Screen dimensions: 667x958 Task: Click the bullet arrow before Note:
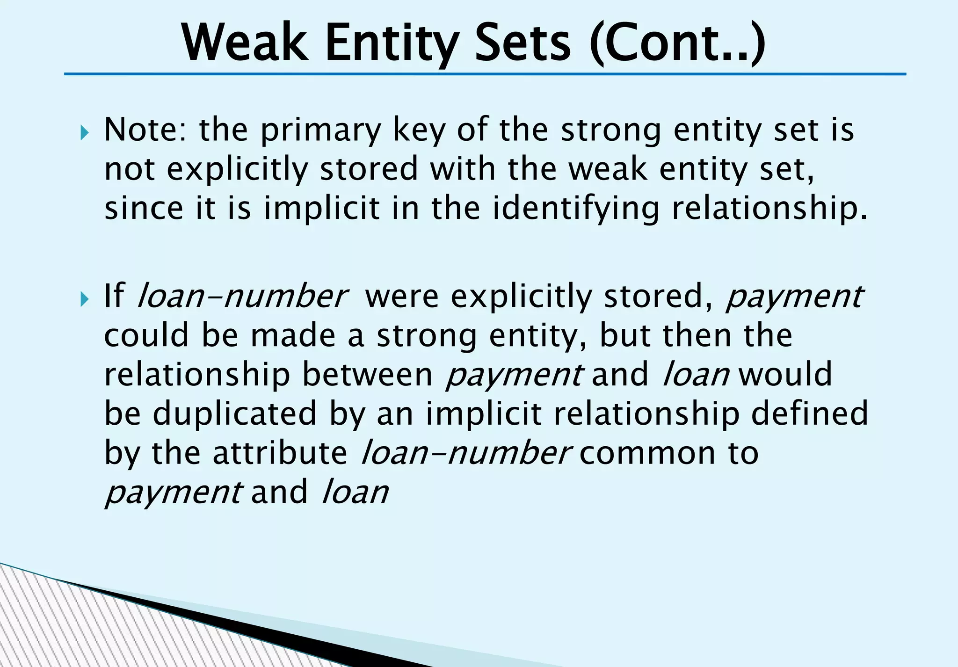tap(84, 133)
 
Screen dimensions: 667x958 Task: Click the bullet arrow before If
tap(84, 299)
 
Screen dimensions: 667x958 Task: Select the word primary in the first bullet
tap(321, 131)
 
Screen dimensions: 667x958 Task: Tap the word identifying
tap(576, 209)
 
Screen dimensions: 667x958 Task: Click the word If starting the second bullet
tap(114, 296)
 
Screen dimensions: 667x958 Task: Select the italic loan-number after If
tap(242, 296)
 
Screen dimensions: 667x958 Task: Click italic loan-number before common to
tap(466, 453)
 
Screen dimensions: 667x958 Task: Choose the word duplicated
tap(235, 414)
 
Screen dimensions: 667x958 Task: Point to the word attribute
tap(280, 453)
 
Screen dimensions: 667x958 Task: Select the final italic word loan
tap(356, 492)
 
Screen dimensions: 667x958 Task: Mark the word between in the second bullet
tap(368, 375)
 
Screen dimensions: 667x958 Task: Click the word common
tap(648, 453)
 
